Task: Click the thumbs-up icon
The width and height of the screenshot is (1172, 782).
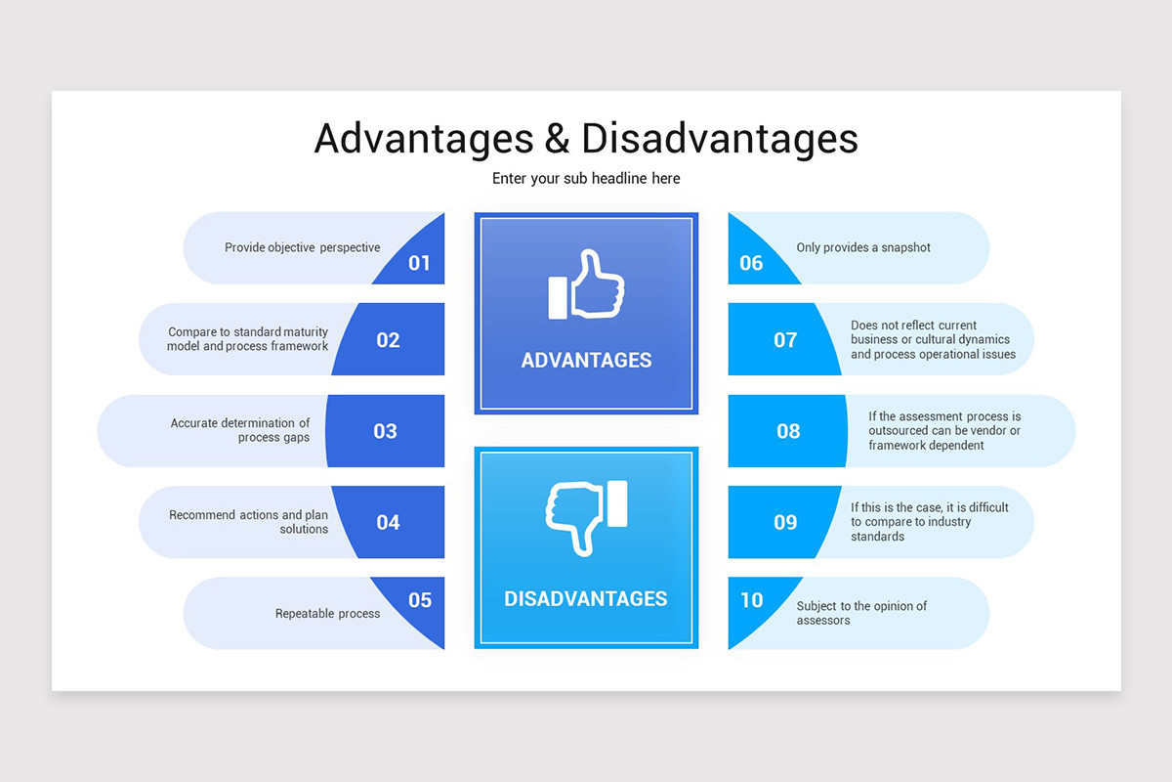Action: (586, 284)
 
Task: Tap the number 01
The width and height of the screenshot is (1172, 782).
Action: (419, 263)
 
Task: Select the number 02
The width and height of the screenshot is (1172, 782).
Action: (388, 340)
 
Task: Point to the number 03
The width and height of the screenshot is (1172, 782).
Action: (385, 431)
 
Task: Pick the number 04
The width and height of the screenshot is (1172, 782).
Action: (388, 522)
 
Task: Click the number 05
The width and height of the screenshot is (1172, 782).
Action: (419, 599)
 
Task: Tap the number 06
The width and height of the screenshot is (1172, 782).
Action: (751, 263)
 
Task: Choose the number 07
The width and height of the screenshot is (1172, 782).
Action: (785, 340)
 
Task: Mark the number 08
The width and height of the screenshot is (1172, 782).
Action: (788, 431)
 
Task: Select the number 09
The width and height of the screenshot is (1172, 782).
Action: (785, 522)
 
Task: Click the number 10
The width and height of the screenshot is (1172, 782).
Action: (751, 599)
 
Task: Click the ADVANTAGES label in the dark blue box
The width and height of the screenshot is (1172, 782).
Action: (586, 360)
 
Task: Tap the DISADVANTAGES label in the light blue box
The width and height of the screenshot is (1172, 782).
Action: (586, 598)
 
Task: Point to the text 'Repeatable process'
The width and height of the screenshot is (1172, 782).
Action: (327, 614)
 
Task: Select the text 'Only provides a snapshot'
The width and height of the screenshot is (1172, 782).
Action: (863, 247)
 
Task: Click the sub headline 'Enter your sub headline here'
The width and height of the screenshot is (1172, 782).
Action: (586, 179)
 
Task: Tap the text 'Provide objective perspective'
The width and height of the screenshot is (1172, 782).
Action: (302, 247)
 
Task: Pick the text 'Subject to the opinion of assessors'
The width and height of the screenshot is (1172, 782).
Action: (861, 613)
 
